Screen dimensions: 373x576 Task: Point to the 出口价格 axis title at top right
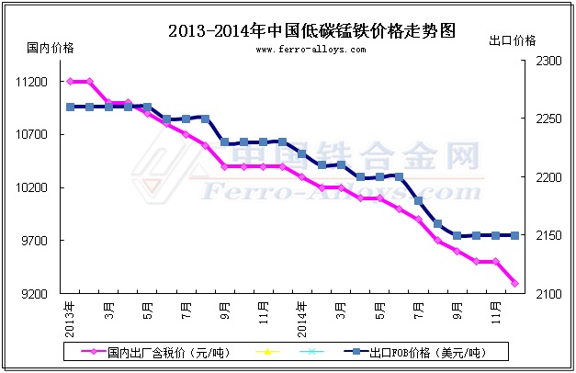pyautogui.click(x=513, y=41)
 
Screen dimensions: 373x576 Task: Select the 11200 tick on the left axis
pyautogui.click(x=31, y=82)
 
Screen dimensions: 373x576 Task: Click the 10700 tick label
pyautogui.click(x=31, y=135)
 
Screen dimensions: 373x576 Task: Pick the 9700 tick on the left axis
pyautogui.click(x=34, y=241)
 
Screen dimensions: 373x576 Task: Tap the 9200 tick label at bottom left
pyautogui.click(x=34, y=294)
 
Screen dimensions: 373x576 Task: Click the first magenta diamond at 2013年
pyautogui.click(x=70, y=82)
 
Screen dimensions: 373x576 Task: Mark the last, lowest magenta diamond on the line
pyautogui.click(x=514, y=284)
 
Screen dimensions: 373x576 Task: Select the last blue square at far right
pyautogui.click(x=514, y=235)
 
